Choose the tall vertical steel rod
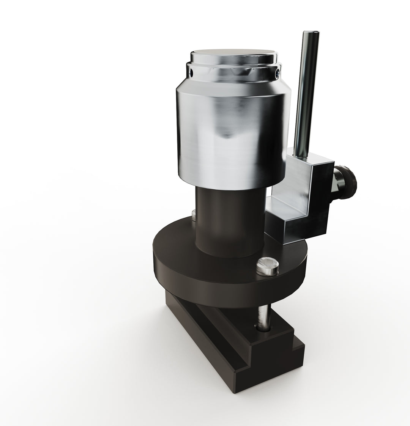[x=306, y=95]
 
